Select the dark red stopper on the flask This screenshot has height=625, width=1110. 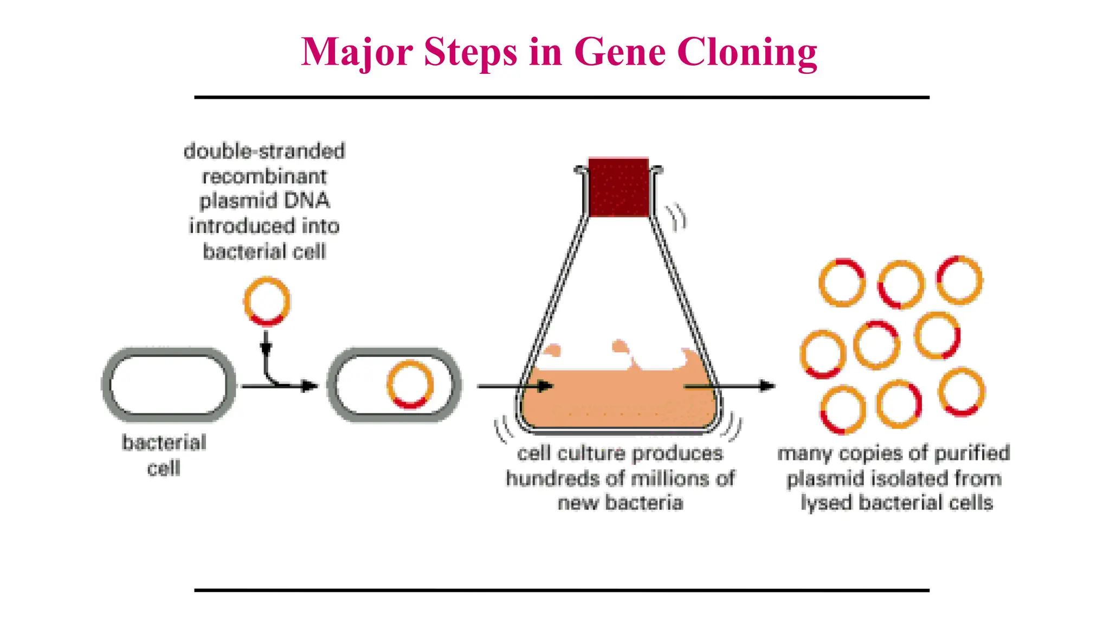pos(618,187)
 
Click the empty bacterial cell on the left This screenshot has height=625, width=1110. pos(169,385)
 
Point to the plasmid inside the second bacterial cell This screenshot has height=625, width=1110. pos(410,384)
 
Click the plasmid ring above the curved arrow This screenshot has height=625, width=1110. pos(267,302)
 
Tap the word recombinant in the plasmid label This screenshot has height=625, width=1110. pos(264,176)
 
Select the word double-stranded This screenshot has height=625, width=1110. pos(264,151)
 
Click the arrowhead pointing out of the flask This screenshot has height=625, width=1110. pos(767,386)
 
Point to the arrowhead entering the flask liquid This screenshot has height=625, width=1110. pos(545,386)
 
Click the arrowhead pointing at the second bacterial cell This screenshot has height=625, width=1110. pos(310,386)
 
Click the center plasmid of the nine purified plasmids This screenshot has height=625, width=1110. pos(876,345)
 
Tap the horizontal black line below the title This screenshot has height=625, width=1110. pos(562,98)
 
